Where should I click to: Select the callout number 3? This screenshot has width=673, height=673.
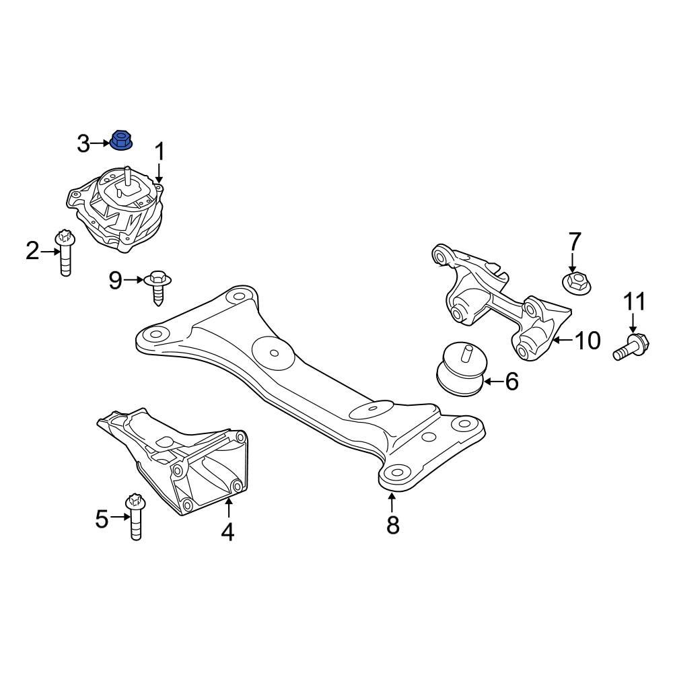pos(83,143)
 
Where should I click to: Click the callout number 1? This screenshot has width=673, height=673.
pos(160,152)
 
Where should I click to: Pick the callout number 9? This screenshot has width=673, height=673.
pos(116,281)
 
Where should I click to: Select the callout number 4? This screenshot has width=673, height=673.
pos(227,532)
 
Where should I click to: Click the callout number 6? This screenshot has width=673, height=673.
pos(511,382)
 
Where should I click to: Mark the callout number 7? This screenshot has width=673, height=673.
pos(573,241)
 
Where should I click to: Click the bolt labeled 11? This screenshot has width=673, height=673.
pos(630,347)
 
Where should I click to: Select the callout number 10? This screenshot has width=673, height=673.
pos(587,341)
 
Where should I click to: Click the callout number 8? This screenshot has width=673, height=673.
pos(392,525)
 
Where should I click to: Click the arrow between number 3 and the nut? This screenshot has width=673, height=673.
pos(100,143)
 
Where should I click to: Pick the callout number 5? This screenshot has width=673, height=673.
pos(102,518)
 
